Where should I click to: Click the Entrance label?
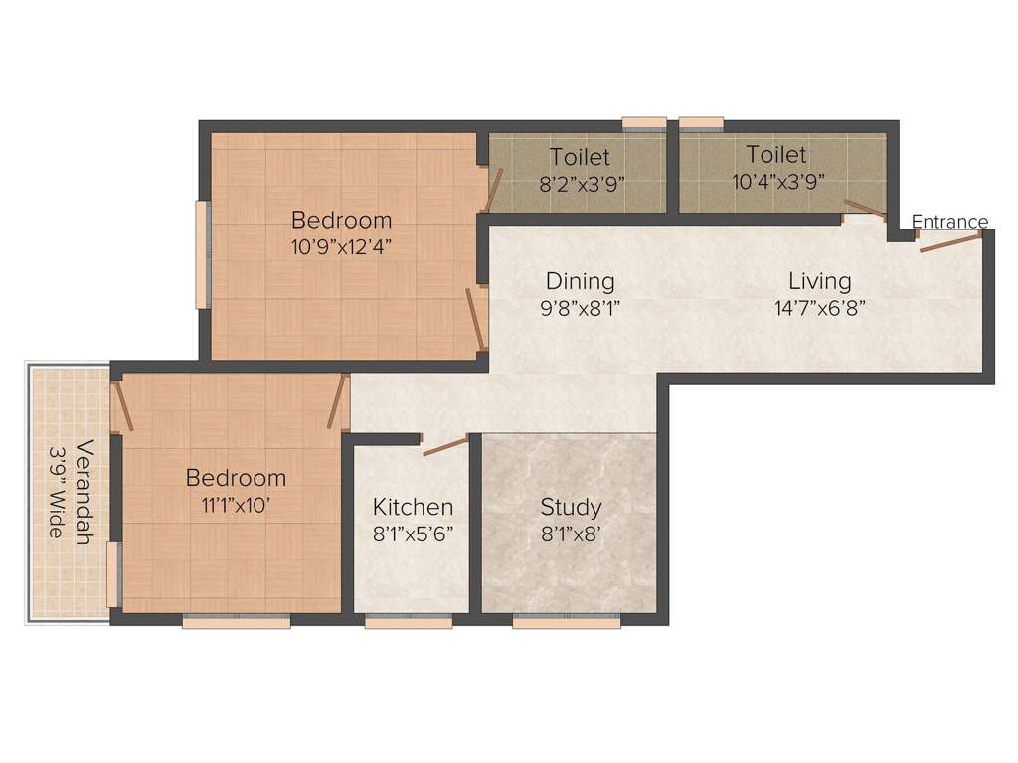[x=949, y=222]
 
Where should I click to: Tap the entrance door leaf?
[x=952, y=241]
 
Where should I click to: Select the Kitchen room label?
[x=413, y=507]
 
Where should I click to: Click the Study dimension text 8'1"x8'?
[x=571, y=533]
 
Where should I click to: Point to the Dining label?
[x=580, y=281]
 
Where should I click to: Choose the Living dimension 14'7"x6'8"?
[x=820, y=307]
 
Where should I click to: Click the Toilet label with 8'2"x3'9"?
[x=580, y=157]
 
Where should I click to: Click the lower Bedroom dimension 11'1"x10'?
[x=236, y=505]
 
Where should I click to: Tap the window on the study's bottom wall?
[x=568, y=622]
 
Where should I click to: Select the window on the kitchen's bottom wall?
[x=409, y=622]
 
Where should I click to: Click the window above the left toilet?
[x=644, y=123]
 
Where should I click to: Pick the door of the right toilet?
[x=864, y=211]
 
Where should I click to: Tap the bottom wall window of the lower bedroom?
[x=236, y=622]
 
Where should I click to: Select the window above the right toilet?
[x=701, y=123]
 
